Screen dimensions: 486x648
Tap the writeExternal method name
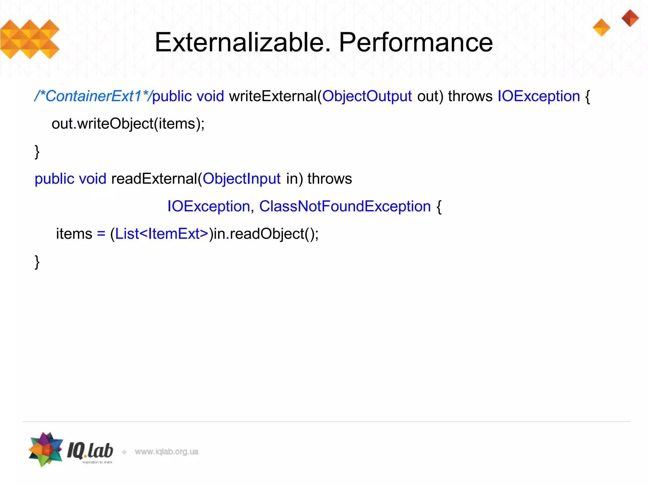[272, 96]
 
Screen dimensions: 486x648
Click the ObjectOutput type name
[367, 96]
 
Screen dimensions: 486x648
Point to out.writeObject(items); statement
[128, 124]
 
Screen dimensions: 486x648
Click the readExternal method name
[154, 179]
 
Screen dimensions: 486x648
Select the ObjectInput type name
[241, 179]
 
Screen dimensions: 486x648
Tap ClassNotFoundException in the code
[345, 206]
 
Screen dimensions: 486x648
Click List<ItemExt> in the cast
[161, 234]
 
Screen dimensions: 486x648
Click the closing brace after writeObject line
[37, 152]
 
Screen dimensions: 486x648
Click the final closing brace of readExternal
[37, 262]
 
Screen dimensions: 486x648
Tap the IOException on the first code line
[539, 96]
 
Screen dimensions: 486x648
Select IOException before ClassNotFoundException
[209, 206]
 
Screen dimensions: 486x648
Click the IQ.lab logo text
[90, 451]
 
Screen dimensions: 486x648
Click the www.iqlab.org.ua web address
[166, 452]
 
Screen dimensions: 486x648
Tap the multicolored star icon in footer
[46, 450]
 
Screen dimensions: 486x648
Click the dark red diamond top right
[630, 18]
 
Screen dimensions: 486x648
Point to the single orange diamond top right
[601, 28]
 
